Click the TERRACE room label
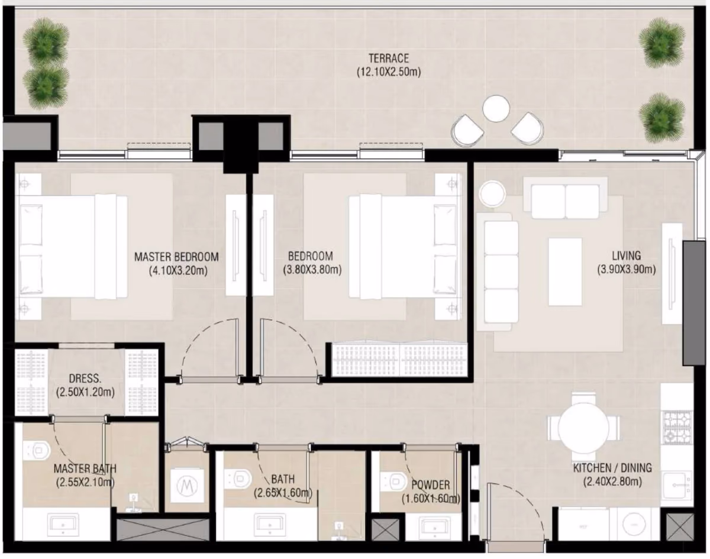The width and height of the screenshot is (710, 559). (x=388, y=59)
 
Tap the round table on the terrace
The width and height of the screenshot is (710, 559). (x=496, y=109)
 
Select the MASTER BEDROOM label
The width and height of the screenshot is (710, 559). (x=176, y=257)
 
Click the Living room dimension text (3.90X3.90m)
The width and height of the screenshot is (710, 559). (x=626, y=270)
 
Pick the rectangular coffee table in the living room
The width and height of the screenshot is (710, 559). (x=565, y=272)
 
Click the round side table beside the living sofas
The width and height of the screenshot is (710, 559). (x=492, y=194)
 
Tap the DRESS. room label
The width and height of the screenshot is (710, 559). (x=85, y=378)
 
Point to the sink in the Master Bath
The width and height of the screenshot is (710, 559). (x=63, y=525)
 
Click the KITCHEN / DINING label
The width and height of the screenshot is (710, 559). (x=612, y=468)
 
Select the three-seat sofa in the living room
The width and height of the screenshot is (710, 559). (x=498, y=272)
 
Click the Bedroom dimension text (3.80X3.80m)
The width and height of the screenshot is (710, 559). (x=312, y=270)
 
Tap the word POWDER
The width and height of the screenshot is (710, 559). (x=431, y=484)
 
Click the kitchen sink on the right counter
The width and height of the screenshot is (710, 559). (x=677, y=485)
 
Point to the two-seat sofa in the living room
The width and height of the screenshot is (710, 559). (x=566, y=199)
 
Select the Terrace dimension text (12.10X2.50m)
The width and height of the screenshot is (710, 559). (x=389, y=72)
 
